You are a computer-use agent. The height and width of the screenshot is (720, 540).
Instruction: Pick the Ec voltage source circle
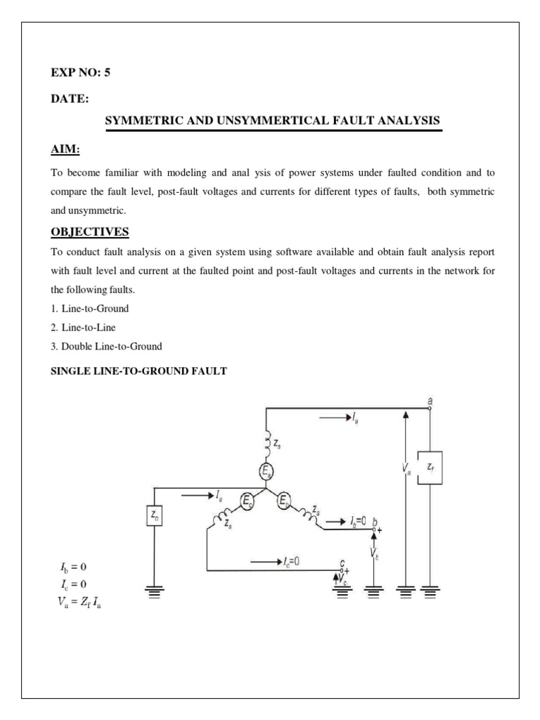(247, 501)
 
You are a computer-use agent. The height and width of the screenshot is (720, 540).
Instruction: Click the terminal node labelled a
(430, 407)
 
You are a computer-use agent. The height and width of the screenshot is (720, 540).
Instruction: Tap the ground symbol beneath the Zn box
(155, 592)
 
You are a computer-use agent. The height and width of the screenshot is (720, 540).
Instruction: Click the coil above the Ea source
(267, 443)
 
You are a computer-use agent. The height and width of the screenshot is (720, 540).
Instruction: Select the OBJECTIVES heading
(90, 232)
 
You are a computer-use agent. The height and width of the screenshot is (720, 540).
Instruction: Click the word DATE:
(70, 99)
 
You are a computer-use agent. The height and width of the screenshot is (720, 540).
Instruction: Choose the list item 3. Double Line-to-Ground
(107, 346)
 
